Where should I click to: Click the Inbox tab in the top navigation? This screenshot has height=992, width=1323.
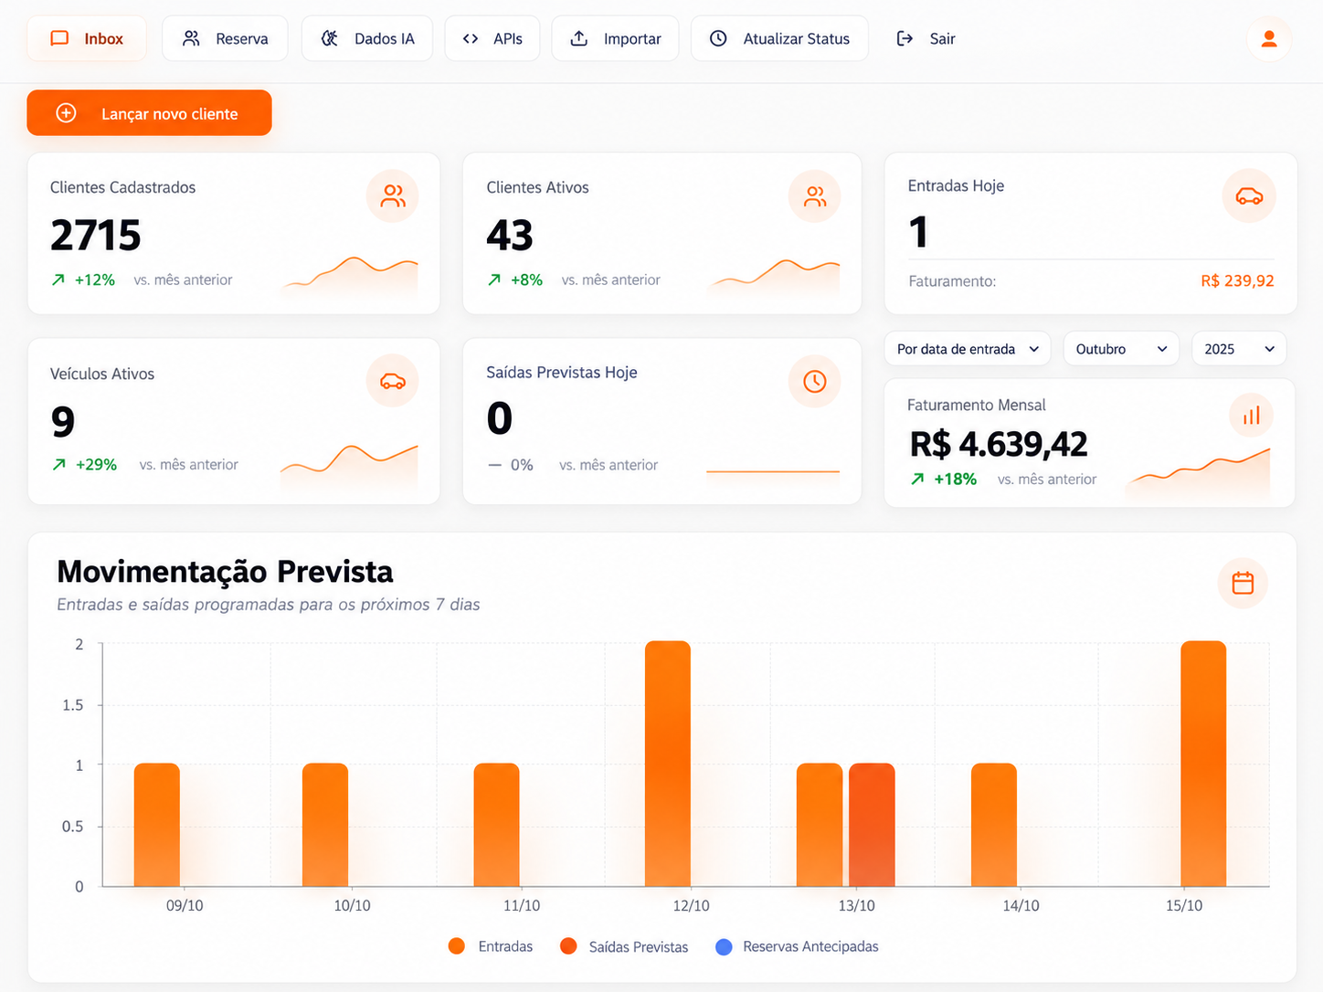[87, 38]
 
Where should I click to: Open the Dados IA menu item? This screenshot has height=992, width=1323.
[367, 38]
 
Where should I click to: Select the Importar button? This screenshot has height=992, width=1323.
[615, 38]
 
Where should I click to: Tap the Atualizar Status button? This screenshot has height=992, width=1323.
[779, 38]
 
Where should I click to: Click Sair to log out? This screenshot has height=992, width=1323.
[926, 38]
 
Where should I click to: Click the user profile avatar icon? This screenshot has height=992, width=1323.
[1269, 38]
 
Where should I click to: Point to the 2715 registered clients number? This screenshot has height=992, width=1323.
[95, 235]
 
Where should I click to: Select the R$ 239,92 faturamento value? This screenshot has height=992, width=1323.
[1237, 280]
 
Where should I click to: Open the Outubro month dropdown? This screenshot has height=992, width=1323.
[1121, 349]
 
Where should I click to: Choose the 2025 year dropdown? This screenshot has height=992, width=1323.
[1239, 349]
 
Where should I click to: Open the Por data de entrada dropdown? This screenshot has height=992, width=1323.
[968, 349]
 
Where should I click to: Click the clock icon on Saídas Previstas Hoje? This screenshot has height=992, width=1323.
[814, 381]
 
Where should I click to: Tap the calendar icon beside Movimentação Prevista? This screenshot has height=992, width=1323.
[1243, 583]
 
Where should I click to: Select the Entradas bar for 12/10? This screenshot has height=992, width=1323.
[667, 763]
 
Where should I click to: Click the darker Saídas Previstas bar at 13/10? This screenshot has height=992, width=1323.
[872, 825]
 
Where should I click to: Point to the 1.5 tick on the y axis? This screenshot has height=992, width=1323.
[73, 704]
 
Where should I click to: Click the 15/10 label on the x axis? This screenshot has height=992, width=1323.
[1184, 905]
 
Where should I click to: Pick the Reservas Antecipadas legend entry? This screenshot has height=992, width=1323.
[797, 946]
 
